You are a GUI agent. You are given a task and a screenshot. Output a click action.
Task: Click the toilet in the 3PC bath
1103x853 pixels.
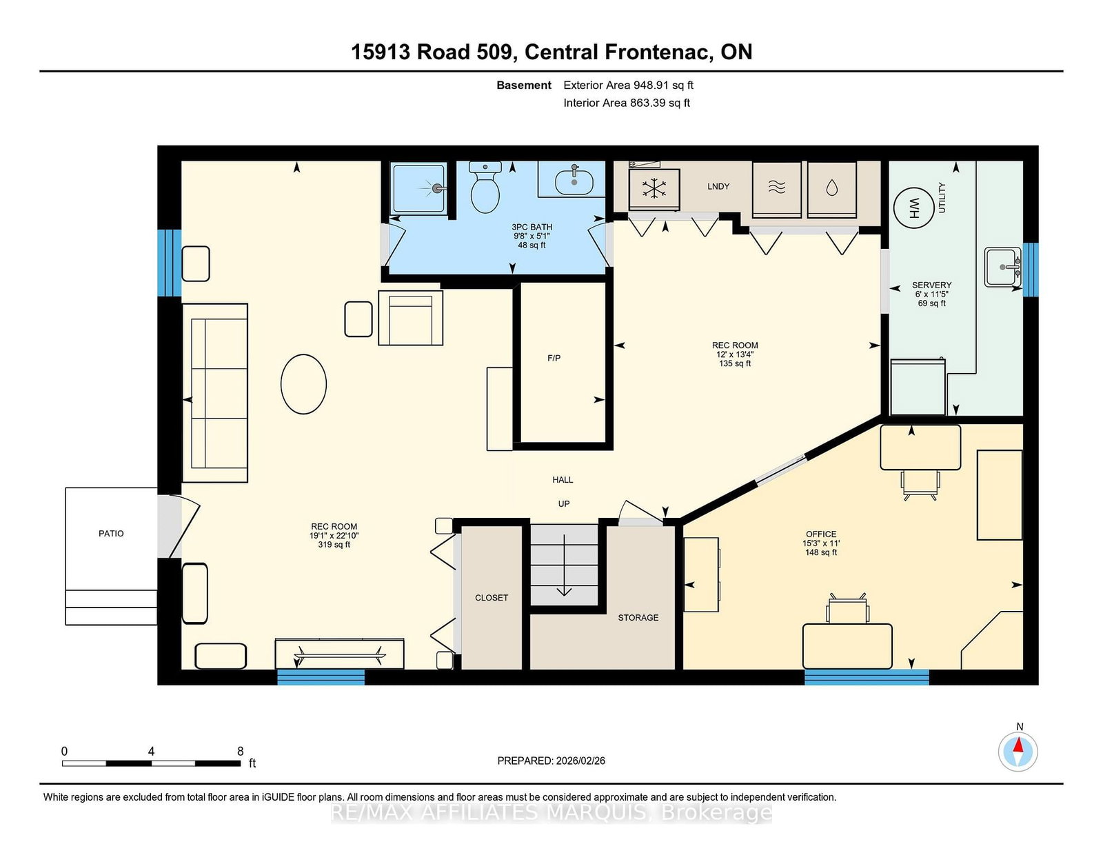(485, 187)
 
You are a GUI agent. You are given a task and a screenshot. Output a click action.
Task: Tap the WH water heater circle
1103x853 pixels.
(913, 208)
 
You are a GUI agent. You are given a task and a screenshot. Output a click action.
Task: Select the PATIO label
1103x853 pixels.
(111, 533)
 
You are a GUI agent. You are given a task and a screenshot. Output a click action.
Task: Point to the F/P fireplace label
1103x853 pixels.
(554, 358)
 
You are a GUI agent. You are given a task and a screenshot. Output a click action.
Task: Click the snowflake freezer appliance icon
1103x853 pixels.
(654, 189)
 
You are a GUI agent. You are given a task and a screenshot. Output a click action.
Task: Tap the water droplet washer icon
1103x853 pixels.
(831, 189)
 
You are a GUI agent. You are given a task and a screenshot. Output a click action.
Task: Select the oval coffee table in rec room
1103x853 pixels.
(303, 384)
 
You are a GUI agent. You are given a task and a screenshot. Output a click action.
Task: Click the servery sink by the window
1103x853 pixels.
(1002, 267)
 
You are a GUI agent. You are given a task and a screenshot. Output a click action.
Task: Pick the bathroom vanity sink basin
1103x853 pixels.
(574, 182)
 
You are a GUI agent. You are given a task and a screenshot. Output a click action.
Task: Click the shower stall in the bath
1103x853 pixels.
(418, 189)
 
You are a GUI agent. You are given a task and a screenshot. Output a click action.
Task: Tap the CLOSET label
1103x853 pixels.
(492, 598)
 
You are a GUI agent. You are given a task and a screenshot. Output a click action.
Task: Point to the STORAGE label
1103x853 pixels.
(638, 617)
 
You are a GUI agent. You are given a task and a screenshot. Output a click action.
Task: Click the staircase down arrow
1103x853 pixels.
(564, 565)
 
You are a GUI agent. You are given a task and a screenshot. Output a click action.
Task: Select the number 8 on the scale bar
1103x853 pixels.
(240, 751)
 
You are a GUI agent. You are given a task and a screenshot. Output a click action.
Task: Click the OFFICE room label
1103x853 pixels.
(821, 534)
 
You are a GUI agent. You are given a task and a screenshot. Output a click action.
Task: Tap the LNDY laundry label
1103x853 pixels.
(718, 186)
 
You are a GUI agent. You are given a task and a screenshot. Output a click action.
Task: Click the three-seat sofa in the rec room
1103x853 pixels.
(215, 392)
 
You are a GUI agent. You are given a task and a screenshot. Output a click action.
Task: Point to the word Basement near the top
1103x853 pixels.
(524, 86)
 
